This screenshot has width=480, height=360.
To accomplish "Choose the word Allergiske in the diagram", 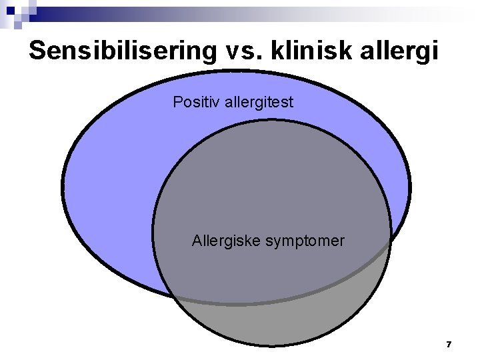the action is click(x=226, y=241).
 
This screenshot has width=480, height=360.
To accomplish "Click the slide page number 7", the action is click(x=449, y=345).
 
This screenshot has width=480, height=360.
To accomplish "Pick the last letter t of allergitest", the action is click(x=291, y=103).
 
